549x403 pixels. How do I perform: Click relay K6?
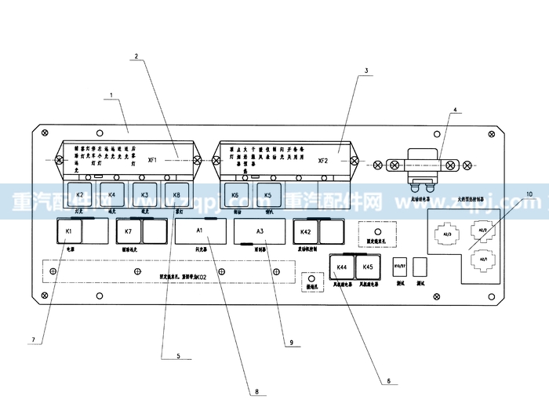click(x=235, y=194)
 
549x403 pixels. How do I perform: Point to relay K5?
click(x=267, y=194)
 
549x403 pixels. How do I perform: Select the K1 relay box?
click(x=69, y=232)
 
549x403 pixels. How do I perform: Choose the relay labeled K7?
click(x=129, y=232)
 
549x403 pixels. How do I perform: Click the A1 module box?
click(x=199, y=231)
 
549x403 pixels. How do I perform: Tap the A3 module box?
click(x=260, y=231)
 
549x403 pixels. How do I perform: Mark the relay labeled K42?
click(x=307, y=232)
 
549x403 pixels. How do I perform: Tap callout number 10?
click(x=529, y=194)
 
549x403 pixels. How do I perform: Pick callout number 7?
click(x=33, y=339)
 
